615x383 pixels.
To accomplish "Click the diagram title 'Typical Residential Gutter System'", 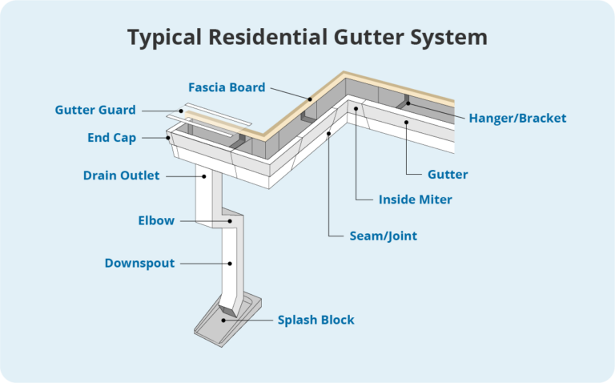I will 307,37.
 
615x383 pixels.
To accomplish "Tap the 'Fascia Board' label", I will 227,87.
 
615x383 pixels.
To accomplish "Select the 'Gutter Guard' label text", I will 95,110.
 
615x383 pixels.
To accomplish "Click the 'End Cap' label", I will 111,138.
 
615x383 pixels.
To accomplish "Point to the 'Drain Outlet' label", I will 122,175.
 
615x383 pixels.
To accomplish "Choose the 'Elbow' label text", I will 156,220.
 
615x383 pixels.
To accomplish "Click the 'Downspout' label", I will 139,263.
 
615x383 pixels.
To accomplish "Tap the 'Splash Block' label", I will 316,320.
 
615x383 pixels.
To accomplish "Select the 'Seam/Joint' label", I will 384,236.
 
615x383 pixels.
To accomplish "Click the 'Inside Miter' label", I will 415,199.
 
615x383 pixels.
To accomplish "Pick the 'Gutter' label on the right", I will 448,174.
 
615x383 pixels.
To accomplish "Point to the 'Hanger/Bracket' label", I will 517,118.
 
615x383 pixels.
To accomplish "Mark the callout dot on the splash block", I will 226,320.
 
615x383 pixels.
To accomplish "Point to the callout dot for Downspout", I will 231,263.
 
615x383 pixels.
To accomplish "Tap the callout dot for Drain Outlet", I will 205,175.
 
